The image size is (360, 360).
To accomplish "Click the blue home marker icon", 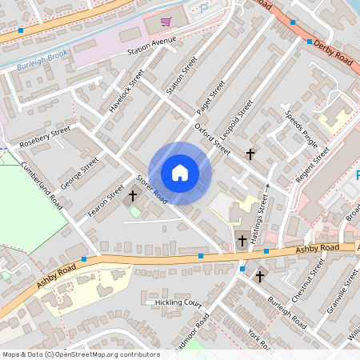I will coord(180,173).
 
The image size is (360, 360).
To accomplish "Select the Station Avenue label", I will coord(151,51).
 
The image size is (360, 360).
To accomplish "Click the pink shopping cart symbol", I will coord(166,22).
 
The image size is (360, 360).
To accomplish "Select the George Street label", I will coord(83,171).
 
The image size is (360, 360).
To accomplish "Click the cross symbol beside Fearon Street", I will coord(132,195).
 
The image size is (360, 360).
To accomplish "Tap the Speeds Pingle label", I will coord(302,127).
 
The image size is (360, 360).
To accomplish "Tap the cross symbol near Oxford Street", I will coord(250,153).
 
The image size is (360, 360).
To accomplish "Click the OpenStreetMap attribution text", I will coord(81,354).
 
